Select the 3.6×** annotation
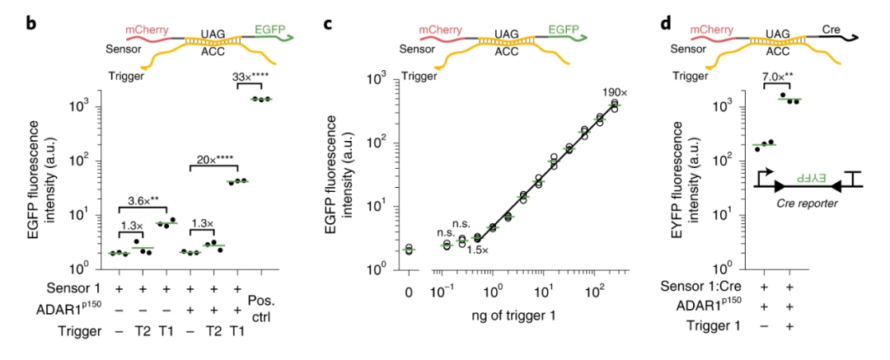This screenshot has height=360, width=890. (147, 199)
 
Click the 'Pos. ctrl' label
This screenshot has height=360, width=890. (262, 296)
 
